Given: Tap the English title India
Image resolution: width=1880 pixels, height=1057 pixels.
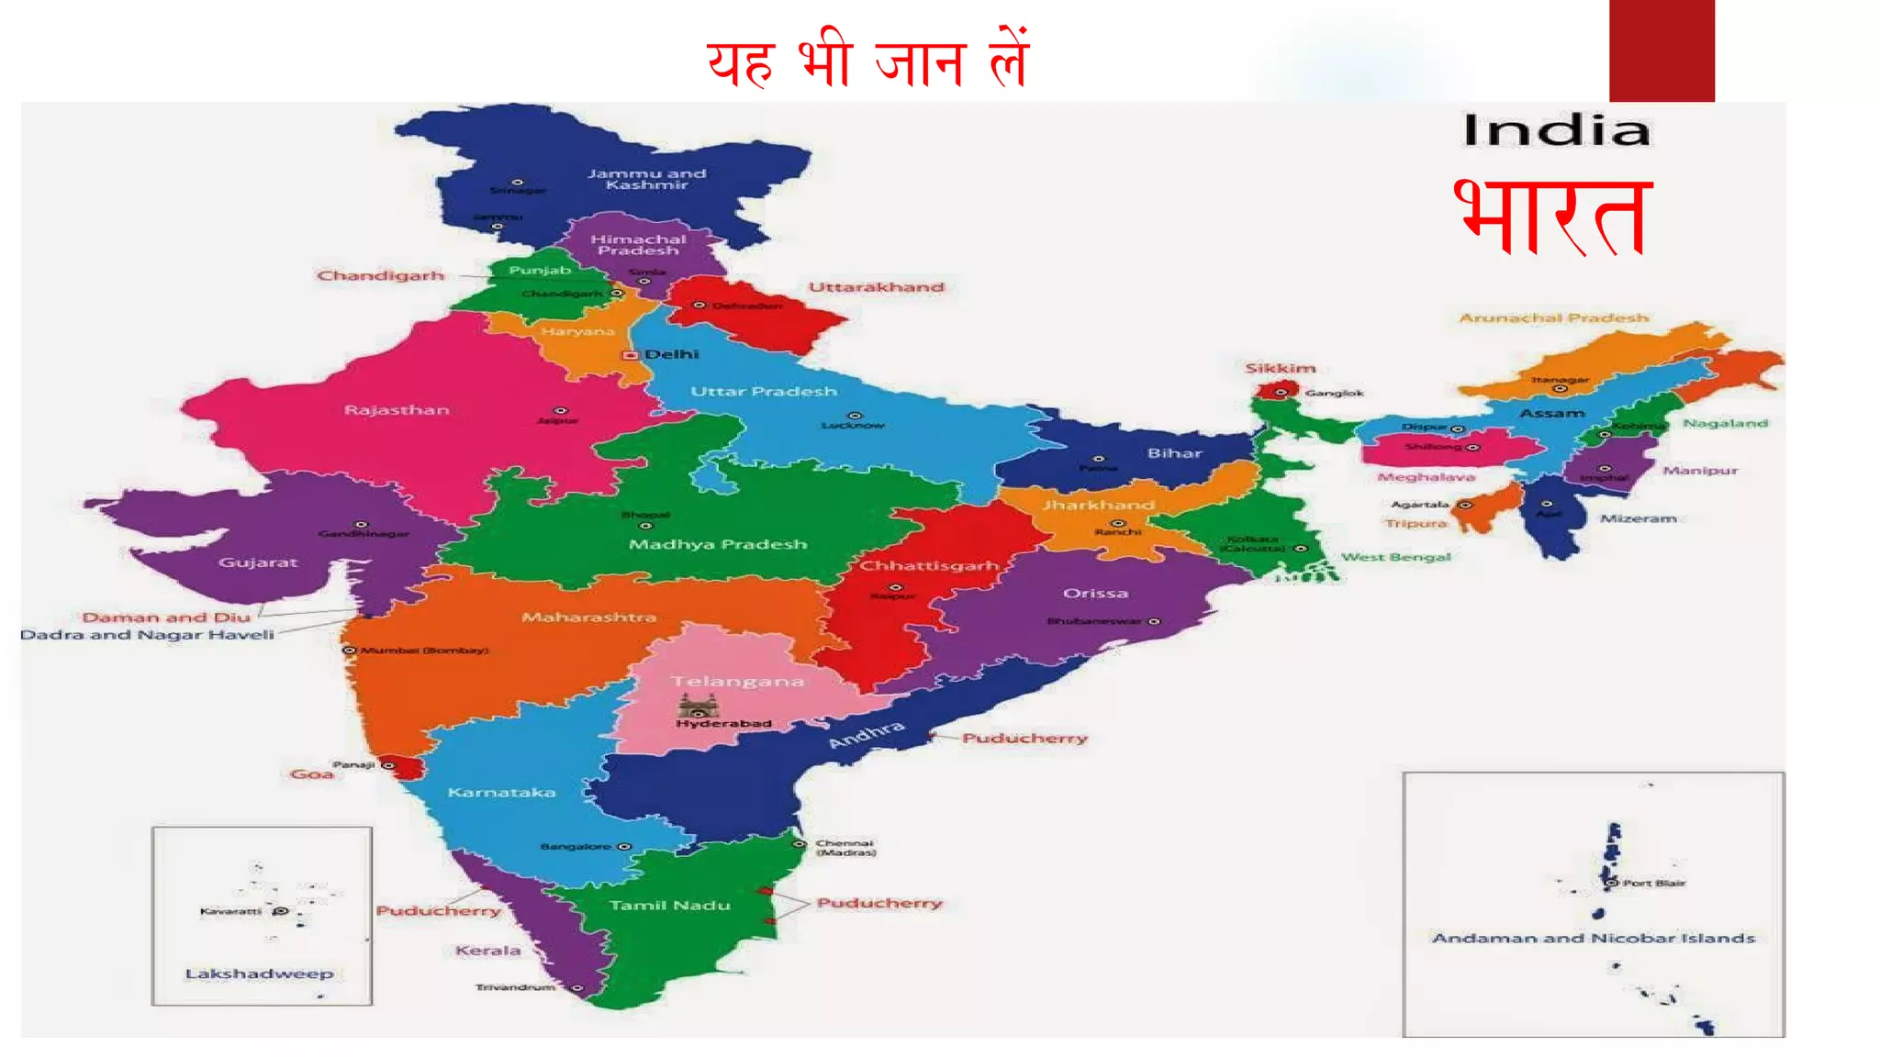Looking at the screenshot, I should tap(1557, 130).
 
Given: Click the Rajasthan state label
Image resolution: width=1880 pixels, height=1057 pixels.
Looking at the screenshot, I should tap(397, 410).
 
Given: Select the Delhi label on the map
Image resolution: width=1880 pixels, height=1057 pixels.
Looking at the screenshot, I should tap(671, 354).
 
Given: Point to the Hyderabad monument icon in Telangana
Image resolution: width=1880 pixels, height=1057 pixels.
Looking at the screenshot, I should tap(697, 706).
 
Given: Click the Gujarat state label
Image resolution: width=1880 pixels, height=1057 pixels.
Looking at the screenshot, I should tap(258, 562).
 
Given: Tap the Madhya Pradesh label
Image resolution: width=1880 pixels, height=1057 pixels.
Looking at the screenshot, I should tap(718, 544).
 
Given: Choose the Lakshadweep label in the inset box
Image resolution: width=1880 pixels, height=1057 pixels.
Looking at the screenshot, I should tap(259, 974).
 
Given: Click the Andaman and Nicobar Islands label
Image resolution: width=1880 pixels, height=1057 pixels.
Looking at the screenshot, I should tap(1594, 938).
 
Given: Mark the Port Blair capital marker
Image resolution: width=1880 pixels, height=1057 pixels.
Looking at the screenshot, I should tap(1611, 883).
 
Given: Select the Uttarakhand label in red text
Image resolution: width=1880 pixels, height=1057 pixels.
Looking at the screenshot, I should tap(876, 287).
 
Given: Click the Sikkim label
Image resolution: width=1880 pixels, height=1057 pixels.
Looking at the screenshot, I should tap(1281, 368).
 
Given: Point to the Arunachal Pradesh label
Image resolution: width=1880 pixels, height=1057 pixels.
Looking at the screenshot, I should tap(1554, 318).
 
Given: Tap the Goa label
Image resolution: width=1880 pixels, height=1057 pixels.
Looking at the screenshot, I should tap(311, 774).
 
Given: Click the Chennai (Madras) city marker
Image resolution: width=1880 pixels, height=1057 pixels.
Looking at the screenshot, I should tap(800, 843).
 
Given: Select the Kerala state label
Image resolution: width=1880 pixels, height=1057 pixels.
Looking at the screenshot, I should tap(487, 951).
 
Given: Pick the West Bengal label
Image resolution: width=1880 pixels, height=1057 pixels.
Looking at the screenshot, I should tap(1395, 557).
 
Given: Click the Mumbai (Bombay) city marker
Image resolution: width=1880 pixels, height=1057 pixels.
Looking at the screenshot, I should tap(349, 650).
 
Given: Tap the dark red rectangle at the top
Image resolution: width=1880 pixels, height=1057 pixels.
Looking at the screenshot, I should tap(1662, 50).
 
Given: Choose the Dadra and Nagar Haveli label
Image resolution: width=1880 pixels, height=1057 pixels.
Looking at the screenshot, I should tap(148, 635).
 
